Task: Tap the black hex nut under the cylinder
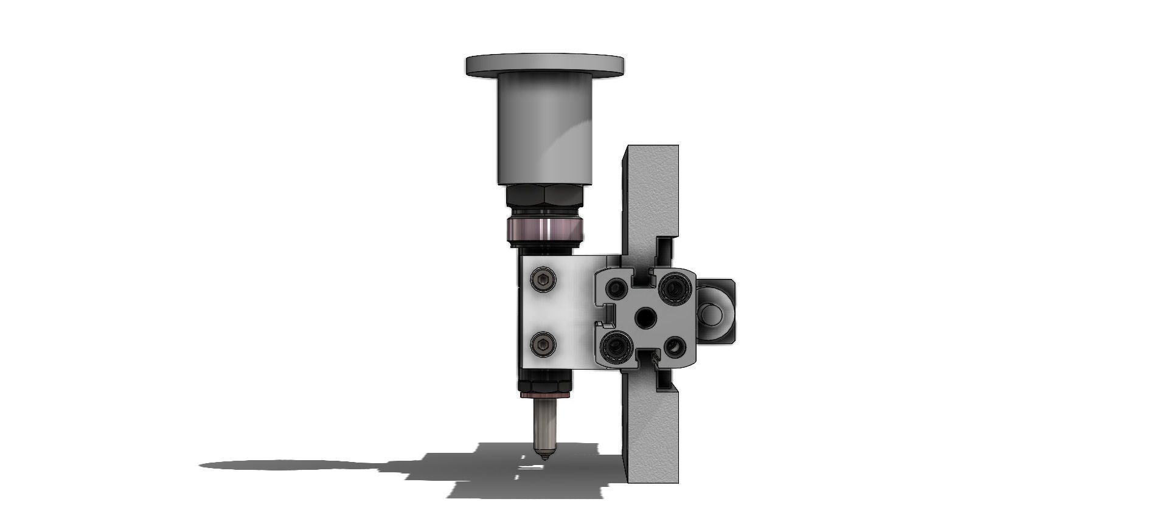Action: (x=544, y=196)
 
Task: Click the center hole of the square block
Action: (x=644, y=317)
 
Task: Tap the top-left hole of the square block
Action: (x=616, y=286)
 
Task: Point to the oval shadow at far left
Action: (x=286, y=466)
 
